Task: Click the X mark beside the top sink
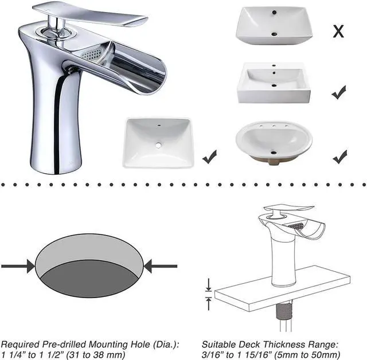pos(338,31)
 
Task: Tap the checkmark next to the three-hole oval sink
pos(339,155)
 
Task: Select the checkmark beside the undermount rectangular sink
pos(209,155)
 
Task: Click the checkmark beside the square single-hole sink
pos(339,91)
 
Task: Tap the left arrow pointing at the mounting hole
pos(18,266)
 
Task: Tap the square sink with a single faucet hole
pos(273,83)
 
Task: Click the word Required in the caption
pos(22,344)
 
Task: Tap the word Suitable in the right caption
pos(220,344)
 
